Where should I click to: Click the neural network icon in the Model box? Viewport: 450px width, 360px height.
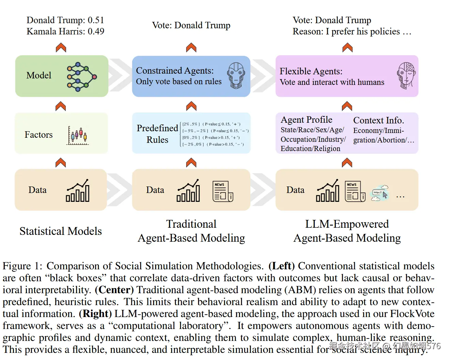point(81,77)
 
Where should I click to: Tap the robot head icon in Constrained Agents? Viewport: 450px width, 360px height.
point(236,75)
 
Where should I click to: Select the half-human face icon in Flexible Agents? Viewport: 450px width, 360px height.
point(406,75)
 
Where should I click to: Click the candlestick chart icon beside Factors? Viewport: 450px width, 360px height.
point(78,136)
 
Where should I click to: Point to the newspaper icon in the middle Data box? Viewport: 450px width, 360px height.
point(223,191)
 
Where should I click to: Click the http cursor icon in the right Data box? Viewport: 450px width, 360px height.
point(380,193)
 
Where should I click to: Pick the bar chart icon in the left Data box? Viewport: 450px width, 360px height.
point(78,191)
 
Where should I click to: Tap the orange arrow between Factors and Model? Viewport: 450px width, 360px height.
point(61,106)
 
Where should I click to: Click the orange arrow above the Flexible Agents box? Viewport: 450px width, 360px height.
point(347,47)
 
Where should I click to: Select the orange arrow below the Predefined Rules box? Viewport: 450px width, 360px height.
point(191,163)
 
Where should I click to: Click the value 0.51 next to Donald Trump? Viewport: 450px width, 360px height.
point(95,20)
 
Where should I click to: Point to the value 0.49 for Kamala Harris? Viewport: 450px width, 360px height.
point(96,31)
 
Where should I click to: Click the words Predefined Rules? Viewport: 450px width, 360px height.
point(157,134)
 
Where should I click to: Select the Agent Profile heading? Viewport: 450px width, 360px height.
point(306,120)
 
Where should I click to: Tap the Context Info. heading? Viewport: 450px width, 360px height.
point(378,120)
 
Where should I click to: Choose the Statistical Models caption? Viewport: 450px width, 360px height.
point(61,231)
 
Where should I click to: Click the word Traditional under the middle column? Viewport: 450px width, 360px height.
point(191,224)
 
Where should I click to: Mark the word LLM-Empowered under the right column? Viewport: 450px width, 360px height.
point(347,224)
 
